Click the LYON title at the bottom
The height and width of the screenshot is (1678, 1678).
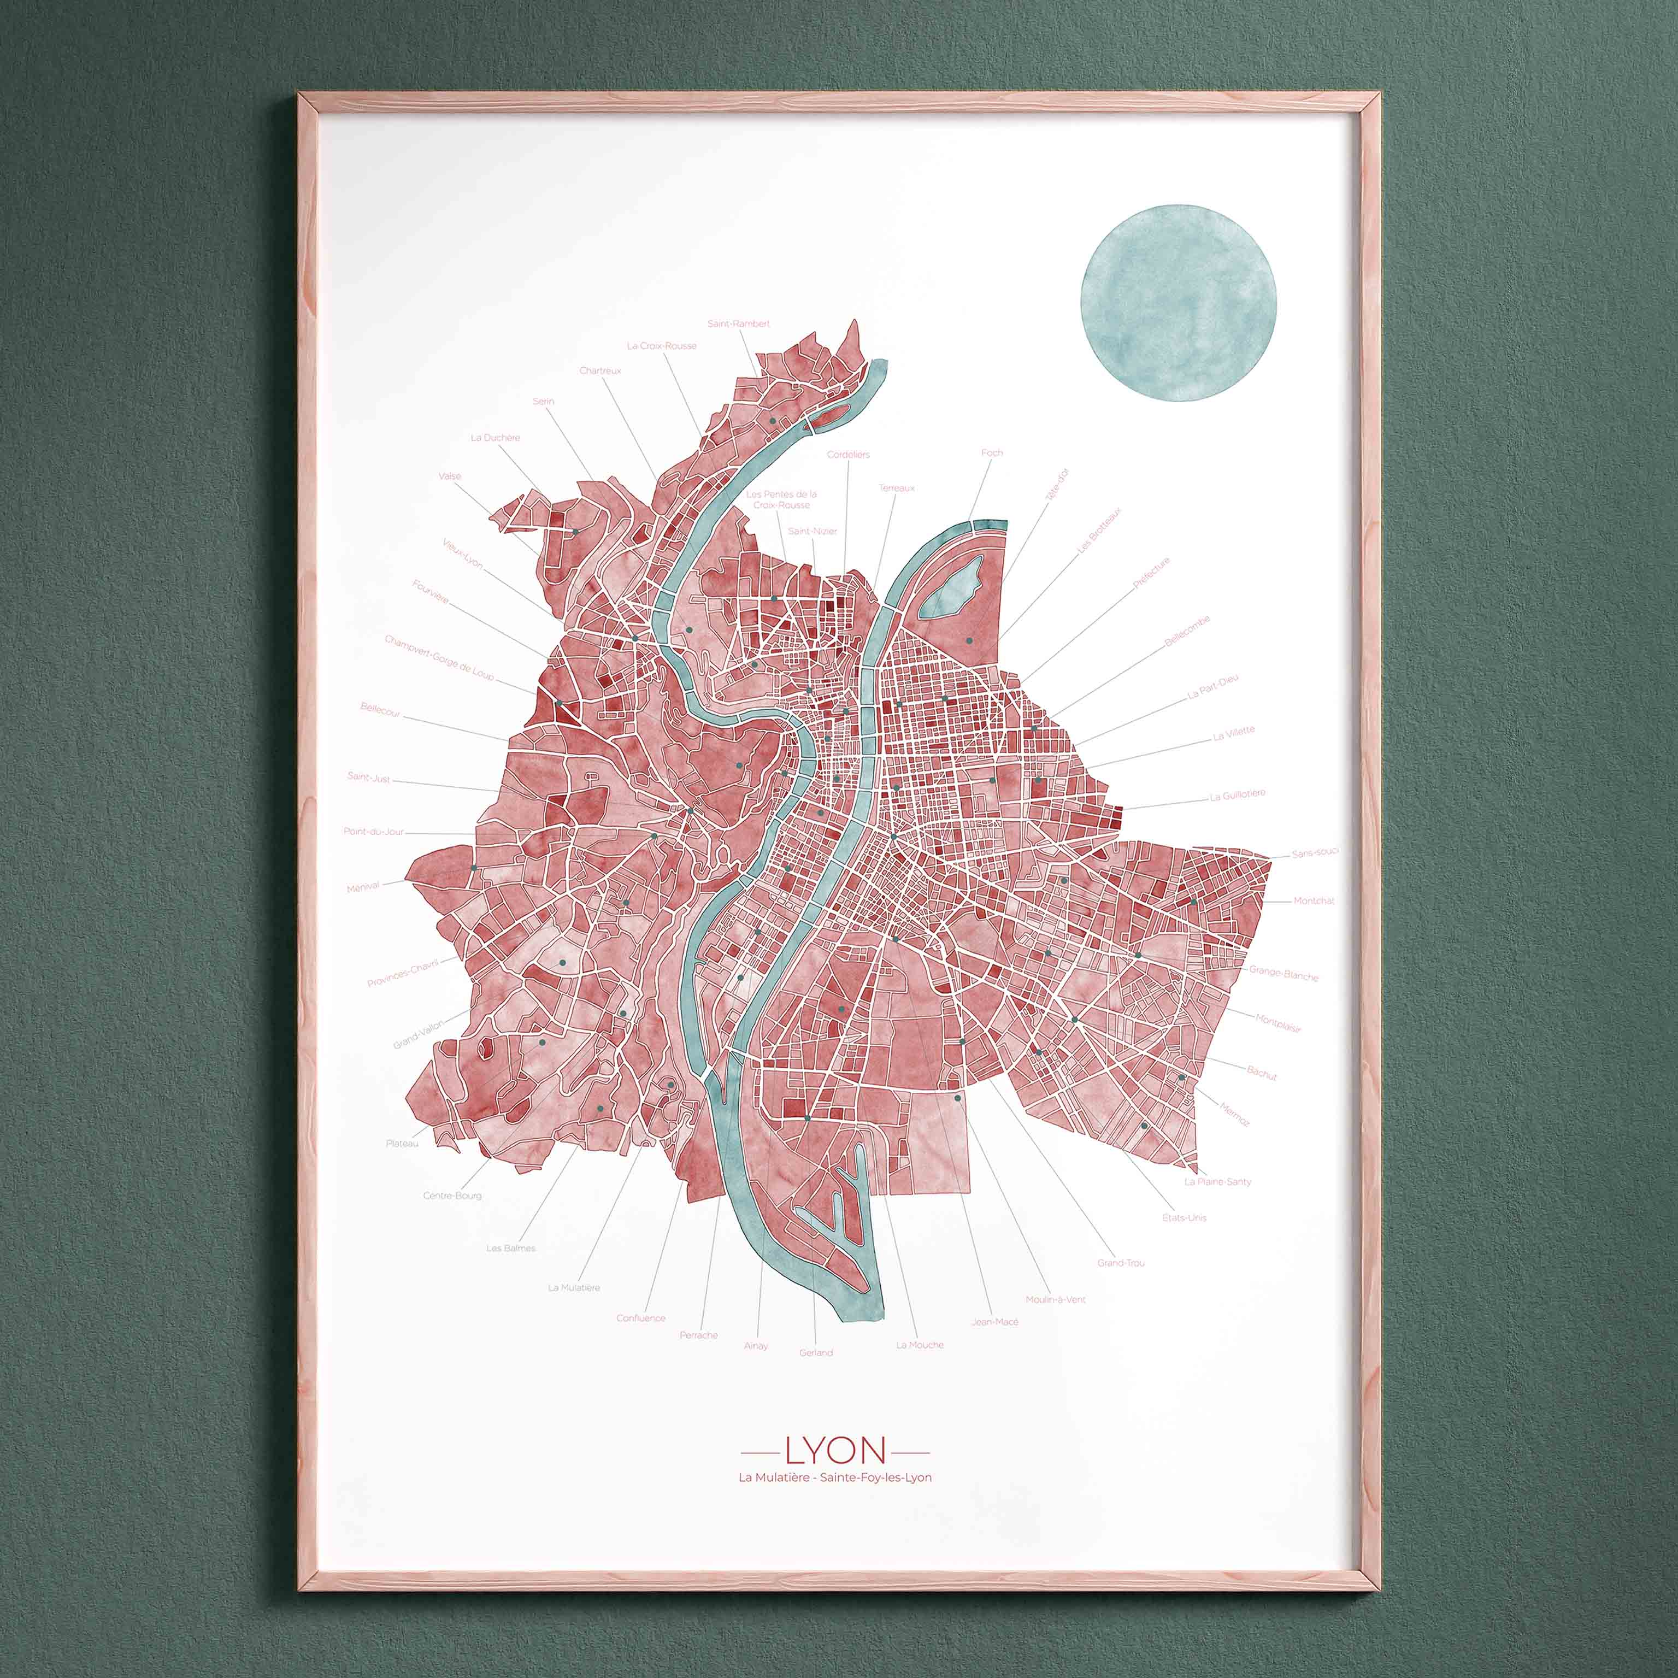(x=835, y=1451)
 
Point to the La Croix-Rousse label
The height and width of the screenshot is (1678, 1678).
(x=662, y=346)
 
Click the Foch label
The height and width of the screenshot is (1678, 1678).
(x=992, y=452)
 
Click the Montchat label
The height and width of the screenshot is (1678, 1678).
(x=1313, y=900)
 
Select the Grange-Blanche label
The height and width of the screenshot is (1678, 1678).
(x=1283, y=974)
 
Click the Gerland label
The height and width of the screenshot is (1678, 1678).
(x=816, y=1352)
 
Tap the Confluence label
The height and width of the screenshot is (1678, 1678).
(x=641, y=1317)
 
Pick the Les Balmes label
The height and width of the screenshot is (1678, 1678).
(x=511, y=1248)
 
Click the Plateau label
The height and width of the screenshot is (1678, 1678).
(x=402, y=1144)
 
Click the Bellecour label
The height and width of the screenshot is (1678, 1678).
(x=380, y=710)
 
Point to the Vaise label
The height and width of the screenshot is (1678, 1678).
(x=450, y=476)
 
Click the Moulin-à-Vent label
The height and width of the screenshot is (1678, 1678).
(x=1055, y=1299)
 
